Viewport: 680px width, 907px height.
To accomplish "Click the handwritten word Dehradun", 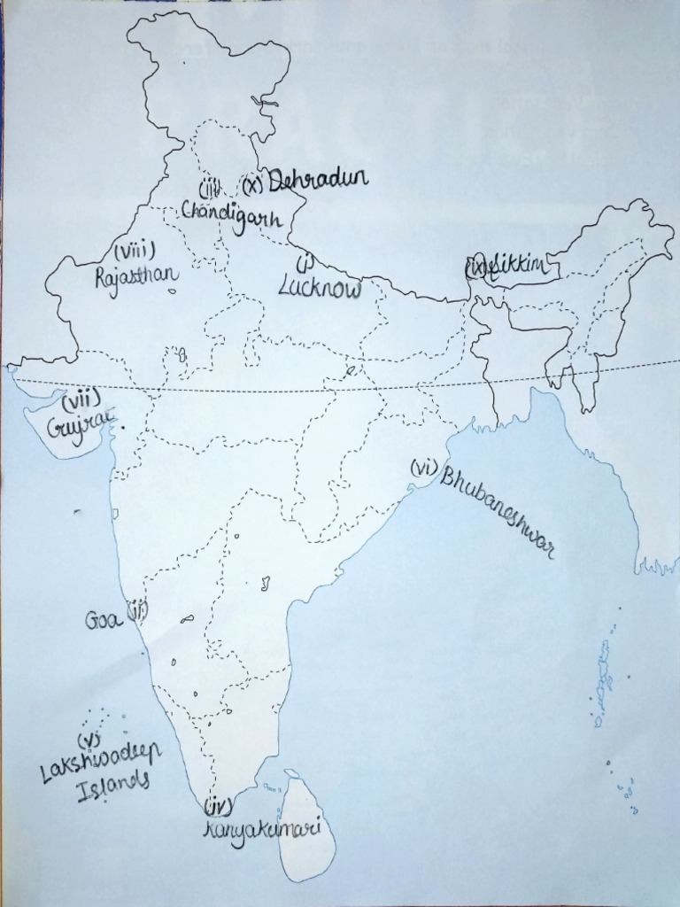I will (317, 181).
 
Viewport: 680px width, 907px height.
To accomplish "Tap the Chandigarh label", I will (232, 215).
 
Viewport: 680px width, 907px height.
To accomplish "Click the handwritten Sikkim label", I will (524, 266).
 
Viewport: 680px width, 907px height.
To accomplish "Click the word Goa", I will (102, 619).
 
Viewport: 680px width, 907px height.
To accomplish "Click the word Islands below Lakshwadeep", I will (112, 786).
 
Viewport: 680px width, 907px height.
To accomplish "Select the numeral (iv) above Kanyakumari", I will (218, 806).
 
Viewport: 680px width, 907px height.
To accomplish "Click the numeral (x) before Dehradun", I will (254, 184).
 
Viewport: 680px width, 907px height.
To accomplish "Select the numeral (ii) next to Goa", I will (137, 610).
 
